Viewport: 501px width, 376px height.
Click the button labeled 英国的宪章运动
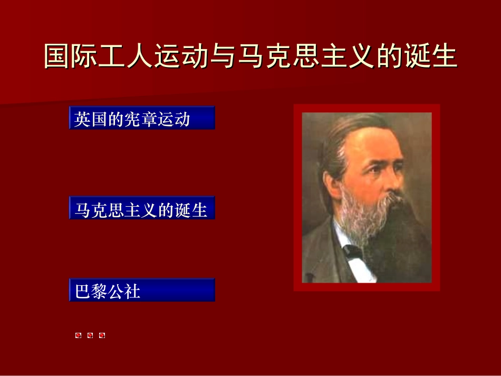click(142, 118)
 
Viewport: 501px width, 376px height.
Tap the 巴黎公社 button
click(142, 290)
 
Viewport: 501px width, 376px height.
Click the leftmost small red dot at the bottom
click(78, 335)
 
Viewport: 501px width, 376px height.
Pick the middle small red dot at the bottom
click(90, 335)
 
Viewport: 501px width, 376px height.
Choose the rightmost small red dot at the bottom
click(102, 335)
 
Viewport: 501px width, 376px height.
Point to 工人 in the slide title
click(126, 57)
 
